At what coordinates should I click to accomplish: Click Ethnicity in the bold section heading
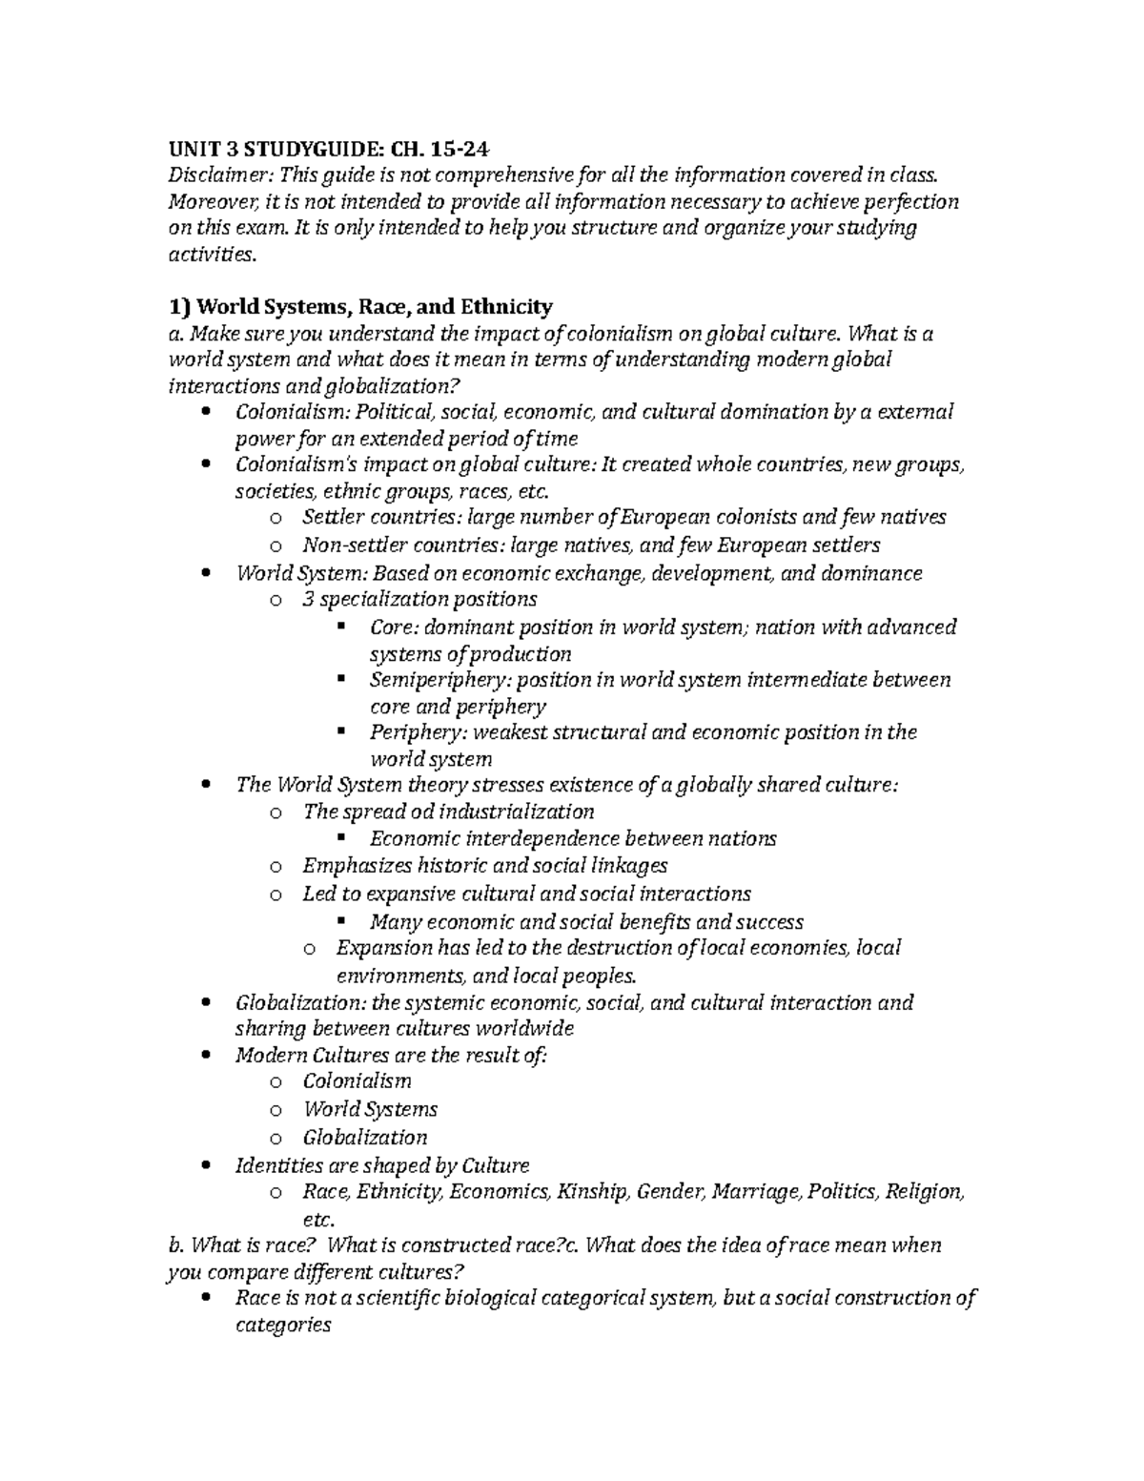(x=505, y=307)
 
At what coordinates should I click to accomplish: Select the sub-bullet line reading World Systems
(x=370, y=1109)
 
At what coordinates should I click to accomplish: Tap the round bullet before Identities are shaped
(x=207, y=1165)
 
